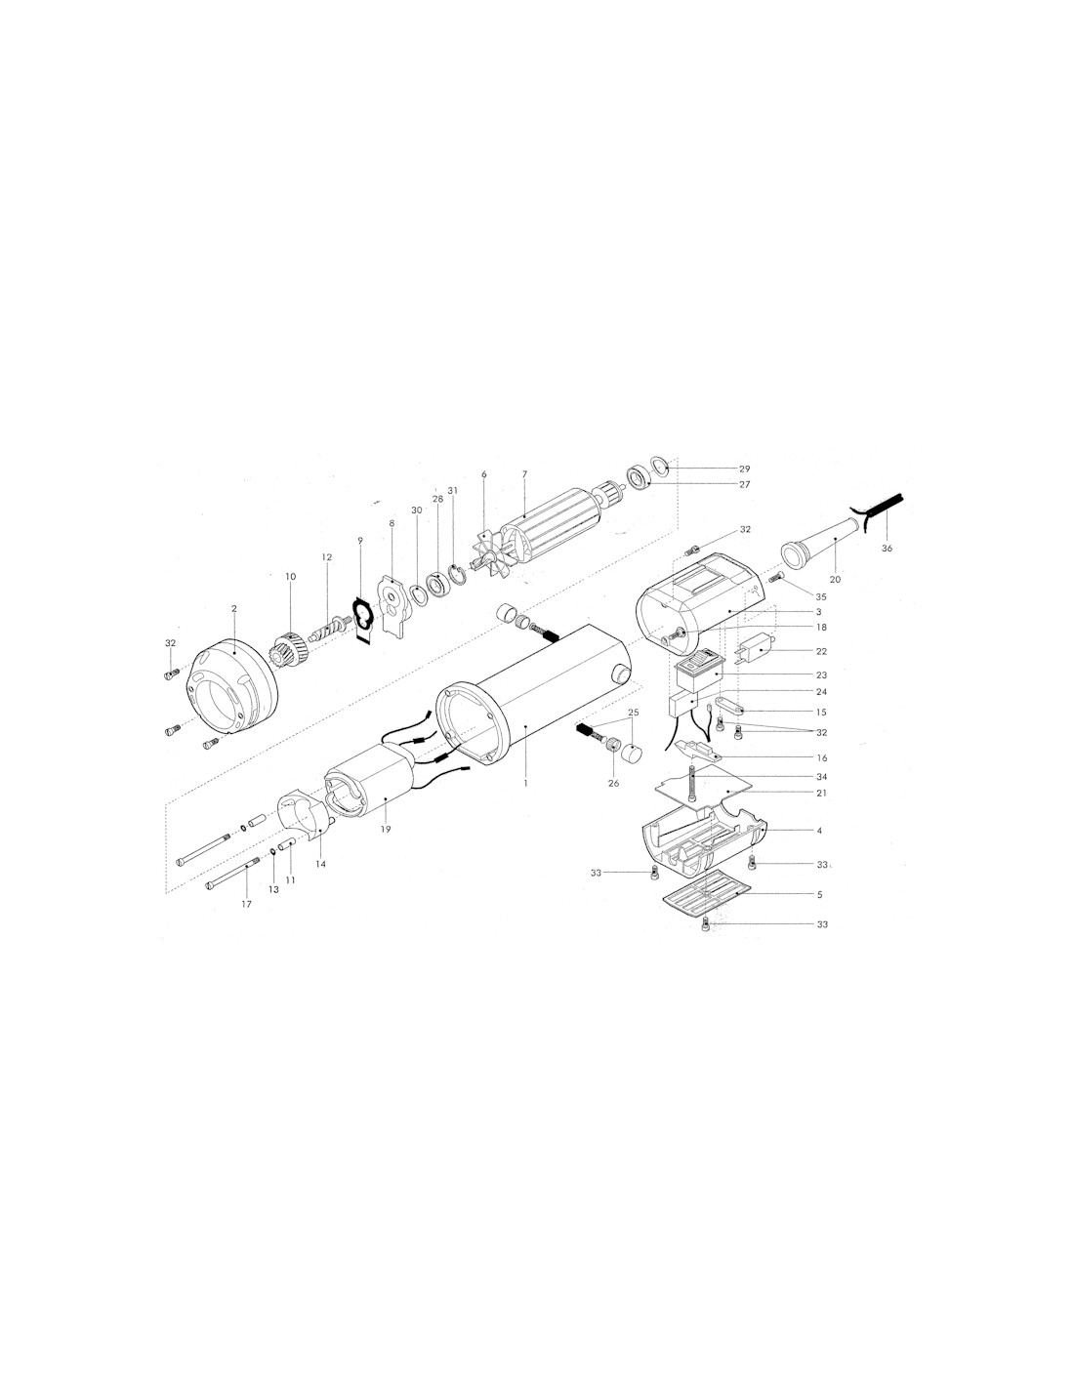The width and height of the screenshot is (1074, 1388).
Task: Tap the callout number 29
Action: [744, 469]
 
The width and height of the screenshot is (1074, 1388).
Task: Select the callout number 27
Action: [744, 485]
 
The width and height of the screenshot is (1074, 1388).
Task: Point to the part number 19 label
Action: [386, 829]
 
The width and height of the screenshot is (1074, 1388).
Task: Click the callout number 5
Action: [820, 895]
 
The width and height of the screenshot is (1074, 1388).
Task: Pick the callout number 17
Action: [247, 904]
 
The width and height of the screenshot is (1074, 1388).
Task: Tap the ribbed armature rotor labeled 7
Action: [551, 518]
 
